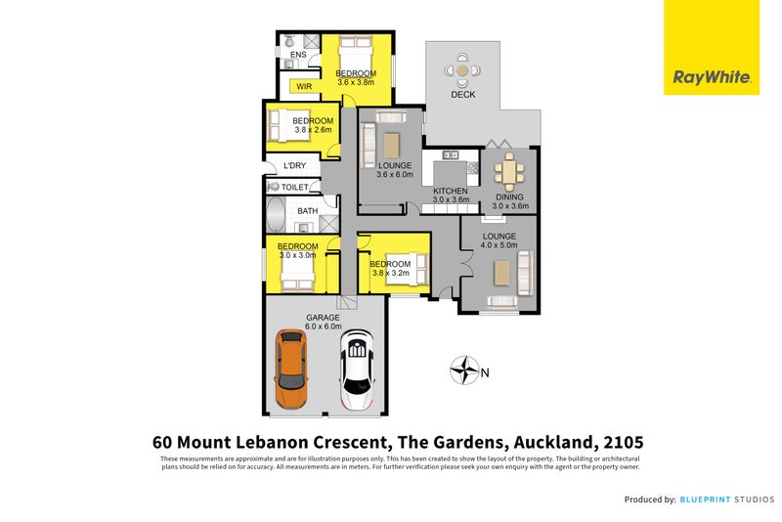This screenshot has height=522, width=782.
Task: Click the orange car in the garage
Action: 291,370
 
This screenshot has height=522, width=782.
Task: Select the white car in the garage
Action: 358,370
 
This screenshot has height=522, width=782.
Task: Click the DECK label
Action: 462,95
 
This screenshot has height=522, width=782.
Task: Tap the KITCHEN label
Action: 451,191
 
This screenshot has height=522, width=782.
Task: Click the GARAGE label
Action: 323,318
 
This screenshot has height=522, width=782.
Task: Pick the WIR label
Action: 303,86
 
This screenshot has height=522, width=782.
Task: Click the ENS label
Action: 298,55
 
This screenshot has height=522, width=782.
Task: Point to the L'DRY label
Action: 294,166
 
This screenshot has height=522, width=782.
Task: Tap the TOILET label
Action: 295,187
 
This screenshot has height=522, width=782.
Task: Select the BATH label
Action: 307,211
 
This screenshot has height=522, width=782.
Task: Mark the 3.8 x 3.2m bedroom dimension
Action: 389,273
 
